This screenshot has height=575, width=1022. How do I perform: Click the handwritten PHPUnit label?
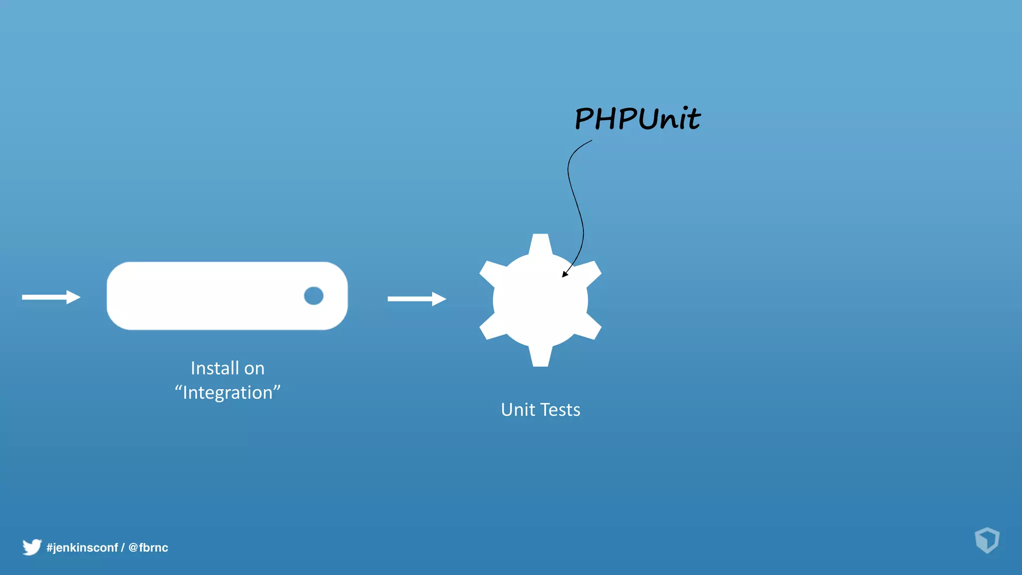pyautogui.click(x=637, y=119)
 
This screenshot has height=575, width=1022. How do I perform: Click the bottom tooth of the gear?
pyautogui.click(x=540, y=356)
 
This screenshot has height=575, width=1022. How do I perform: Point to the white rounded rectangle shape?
pyautogui.click(x=210, y=295)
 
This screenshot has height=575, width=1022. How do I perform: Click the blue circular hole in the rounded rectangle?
pyautogui.click(x=313, y=295)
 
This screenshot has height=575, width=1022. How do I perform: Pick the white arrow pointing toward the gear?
pyautogui.click(x=417, y=298)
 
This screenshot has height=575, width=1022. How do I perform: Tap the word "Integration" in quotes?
pyautogui.click(x=228, y=393)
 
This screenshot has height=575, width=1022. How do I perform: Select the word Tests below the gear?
pyautogui.click(x=560, y=410)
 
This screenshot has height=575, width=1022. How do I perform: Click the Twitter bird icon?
pyautogui.click(x=32, y=547)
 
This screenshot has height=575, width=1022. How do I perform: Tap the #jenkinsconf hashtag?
pyautogui.click(x=82, y=548)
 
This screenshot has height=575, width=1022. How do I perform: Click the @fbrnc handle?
pyautogui.click(x=148, y=548)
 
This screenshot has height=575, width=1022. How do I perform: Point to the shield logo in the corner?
pyautogui.click(x=987, y=540)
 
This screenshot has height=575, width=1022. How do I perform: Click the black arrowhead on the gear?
pyautogui.click(x=565, y=273)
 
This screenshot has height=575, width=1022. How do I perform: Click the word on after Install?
pyautogui.click(x=254, y=368)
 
